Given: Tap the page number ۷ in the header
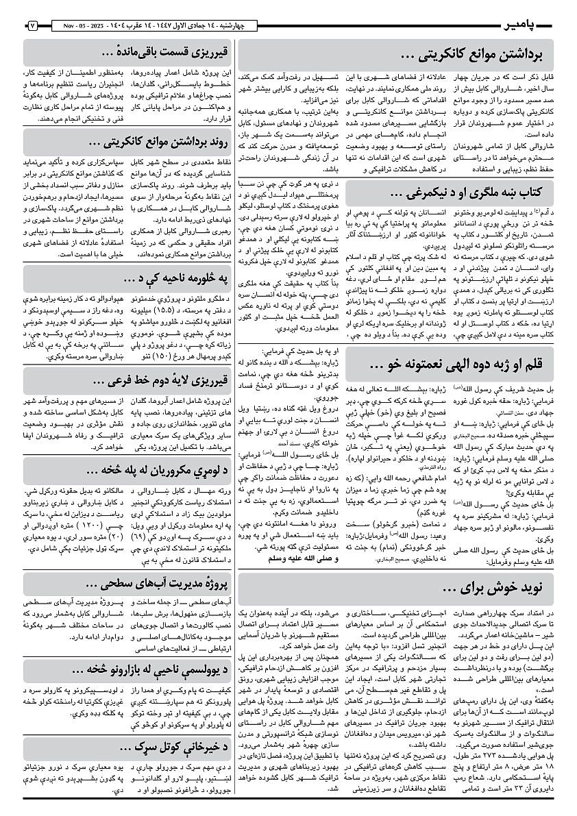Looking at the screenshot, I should tap(32, 25).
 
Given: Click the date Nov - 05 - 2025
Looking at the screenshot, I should tap(79, 25).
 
